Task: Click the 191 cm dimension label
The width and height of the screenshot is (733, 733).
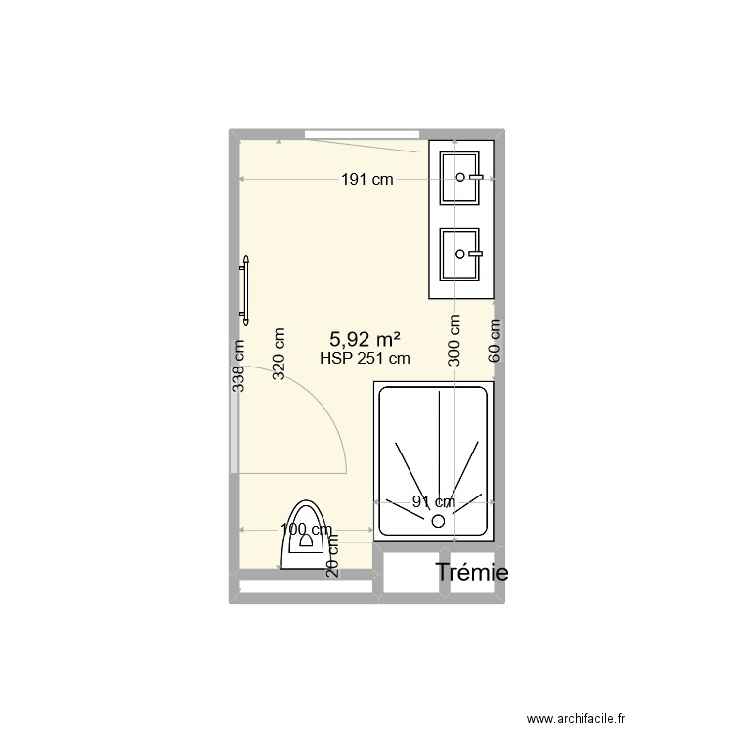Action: pos(366,179)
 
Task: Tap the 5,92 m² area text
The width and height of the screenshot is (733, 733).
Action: pos(366,339)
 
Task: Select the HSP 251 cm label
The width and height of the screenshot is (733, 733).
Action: pos(365,358)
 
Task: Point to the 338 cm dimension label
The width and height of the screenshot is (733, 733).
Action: pos(237,366)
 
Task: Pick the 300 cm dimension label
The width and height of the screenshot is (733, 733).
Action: pos(454,340)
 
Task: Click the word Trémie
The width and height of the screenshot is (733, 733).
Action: pos(472,573)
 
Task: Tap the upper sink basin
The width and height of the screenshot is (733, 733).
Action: pos(461,177)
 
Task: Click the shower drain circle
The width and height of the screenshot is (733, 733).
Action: pos(438,521)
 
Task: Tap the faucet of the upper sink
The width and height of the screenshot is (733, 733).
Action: pos(476,177)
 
